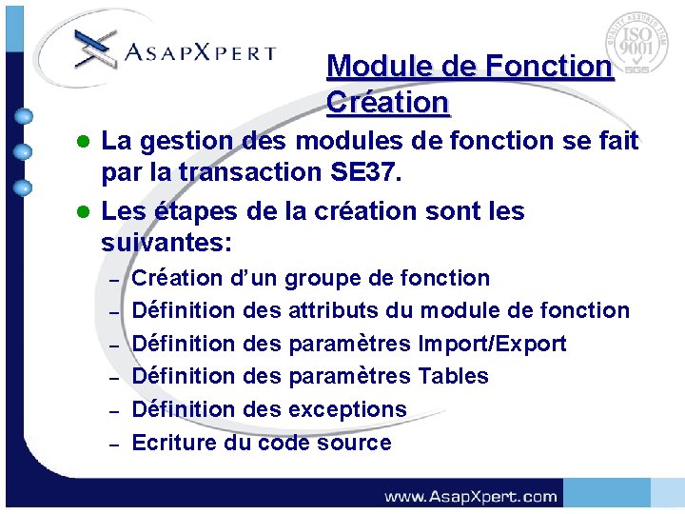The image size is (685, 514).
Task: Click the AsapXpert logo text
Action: pos(200,53)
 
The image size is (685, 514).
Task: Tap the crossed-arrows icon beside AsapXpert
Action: pos(96,48)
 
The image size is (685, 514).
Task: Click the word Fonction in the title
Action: pos(548,67)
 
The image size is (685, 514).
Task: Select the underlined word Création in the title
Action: pos(387,101)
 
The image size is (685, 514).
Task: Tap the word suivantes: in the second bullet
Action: pos(166,243)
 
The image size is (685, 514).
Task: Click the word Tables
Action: pos(453,376)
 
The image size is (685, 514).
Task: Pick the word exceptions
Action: pos(347,409)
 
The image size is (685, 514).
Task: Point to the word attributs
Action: pos(339,310)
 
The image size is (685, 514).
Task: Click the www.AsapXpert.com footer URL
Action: pos(470,496)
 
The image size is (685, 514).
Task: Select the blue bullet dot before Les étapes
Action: pos(84,210)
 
